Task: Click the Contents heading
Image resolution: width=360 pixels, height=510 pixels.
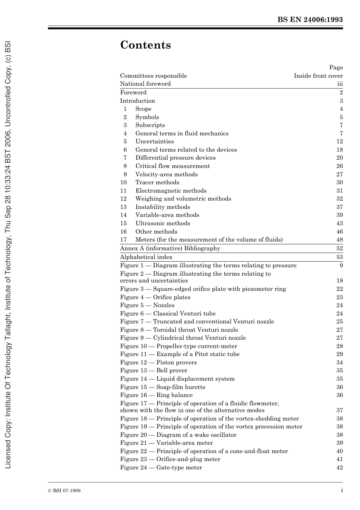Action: [x=146, y=45]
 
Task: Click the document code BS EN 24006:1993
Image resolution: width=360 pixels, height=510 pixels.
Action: [x=310, y=20]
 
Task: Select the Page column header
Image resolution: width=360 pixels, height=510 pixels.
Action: [x=336, y=67]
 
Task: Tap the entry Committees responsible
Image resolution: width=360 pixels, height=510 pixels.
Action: [x=153, y=76]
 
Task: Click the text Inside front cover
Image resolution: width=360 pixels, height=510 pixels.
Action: [x=318, y=76]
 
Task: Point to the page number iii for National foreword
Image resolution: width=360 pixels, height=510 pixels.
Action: [x=340, y=84]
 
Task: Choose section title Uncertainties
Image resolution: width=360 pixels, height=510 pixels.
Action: [x=155, y=141]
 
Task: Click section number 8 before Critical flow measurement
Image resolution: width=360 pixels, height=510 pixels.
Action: [x=125, y=166]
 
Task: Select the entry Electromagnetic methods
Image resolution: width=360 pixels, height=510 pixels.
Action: [x=171, y=191]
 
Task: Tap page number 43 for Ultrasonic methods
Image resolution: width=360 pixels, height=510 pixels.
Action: [x=339, y=223]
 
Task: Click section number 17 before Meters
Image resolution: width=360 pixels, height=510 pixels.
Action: [x=123, y=240]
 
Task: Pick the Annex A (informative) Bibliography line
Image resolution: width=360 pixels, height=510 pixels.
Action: [x=170, y=248]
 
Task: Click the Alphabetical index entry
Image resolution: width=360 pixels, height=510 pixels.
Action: [x=146, y=257]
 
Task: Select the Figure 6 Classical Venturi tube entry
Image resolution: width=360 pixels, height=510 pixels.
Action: [x=168, y=314]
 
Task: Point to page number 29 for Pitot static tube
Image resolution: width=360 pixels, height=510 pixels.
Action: [x=339, y=354]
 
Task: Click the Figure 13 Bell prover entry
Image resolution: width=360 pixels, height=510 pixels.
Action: [x=154, y=370]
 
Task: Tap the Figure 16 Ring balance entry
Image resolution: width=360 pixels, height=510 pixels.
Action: [x=157, y=395]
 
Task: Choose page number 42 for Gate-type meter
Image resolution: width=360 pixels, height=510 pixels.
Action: [x=339, y=468]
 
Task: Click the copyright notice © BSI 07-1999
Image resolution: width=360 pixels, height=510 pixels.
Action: [x=64, y=491]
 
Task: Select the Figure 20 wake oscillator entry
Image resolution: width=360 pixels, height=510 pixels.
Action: [x=178, y=435]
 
